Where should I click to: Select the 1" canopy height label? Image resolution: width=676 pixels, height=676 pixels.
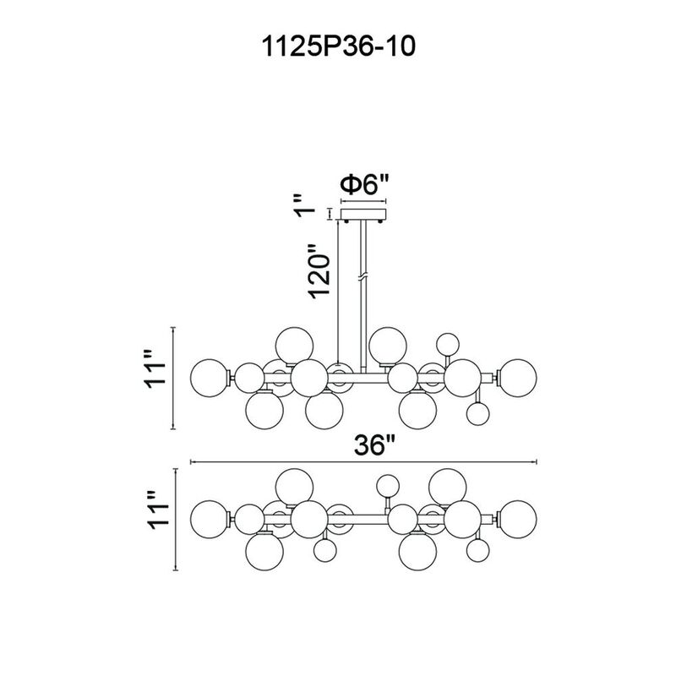pos(313,210)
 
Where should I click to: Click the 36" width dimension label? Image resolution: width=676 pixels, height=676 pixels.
pos(373,446)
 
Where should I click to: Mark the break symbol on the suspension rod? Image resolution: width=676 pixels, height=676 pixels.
pos(363,277)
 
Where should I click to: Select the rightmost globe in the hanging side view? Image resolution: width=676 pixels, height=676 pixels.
pos(517,374)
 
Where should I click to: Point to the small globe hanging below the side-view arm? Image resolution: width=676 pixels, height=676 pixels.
pos(477,413)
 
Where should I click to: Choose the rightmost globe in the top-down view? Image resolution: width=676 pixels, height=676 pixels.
pos(517,515)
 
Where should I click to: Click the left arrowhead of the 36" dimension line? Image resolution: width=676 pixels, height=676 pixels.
pos(195,462)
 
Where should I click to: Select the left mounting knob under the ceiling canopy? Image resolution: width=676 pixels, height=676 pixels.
pos(346,221)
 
